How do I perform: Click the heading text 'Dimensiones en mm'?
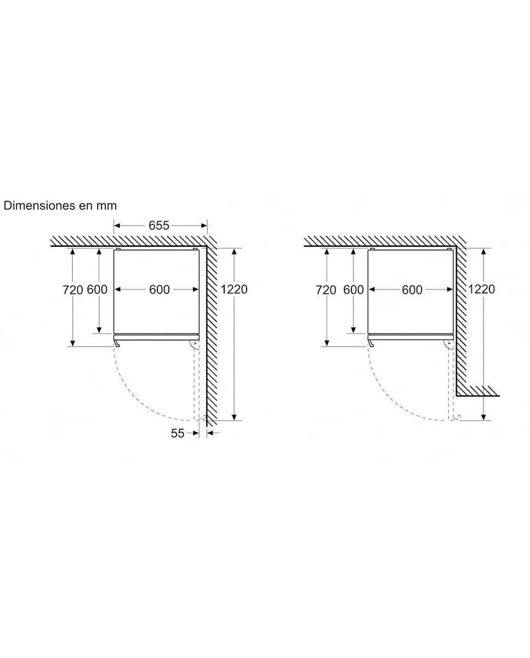60,206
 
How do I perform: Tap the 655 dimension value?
159,226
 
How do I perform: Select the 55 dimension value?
178,433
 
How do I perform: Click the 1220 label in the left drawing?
234,290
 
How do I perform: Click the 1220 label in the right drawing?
481,290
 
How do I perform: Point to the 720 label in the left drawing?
73,290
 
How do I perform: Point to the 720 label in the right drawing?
326,290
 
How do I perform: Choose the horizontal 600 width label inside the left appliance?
159,290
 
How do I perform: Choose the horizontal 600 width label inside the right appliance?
412,290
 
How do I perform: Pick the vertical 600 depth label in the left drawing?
97,290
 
